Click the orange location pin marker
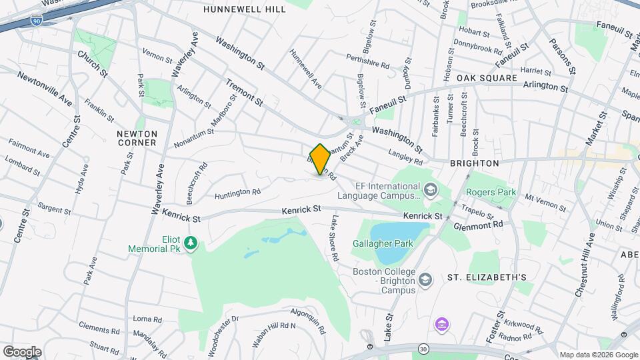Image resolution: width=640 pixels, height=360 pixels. coord(320,160)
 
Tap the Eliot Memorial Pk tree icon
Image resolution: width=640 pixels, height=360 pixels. coord(191,243)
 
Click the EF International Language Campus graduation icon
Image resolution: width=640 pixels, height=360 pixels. coord(430,191)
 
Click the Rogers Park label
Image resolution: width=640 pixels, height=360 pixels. coord(491,192)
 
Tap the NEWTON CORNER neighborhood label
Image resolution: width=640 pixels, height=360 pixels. coord(136,138)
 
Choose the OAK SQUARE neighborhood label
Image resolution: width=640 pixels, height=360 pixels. coord(487,78)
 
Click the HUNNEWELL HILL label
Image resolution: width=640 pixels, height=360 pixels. coord(244,9)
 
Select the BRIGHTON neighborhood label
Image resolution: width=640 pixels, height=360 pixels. coord(474,163)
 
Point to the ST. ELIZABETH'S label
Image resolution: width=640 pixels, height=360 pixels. coord(487,277)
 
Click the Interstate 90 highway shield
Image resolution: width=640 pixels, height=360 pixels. coord(35,22)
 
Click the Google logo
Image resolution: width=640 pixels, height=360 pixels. coord(21,351)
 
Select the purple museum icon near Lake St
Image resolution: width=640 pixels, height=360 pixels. coord(440,325)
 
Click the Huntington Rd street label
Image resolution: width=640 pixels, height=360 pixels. coord(237,193)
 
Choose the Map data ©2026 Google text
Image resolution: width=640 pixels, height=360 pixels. coord(597,355)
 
